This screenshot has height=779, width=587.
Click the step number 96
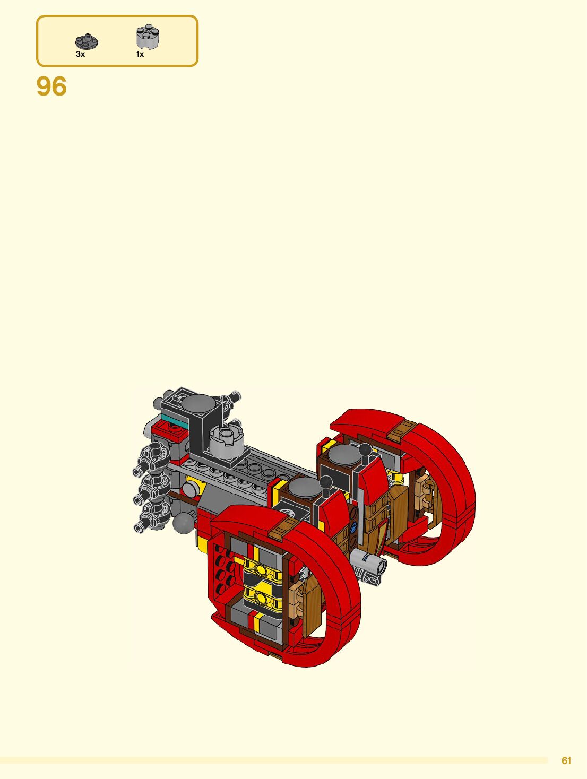tap(51, 86)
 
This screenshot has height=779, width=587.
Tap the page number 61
tap(566, 760)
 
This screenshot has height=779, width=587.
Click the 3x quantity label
tap(81, 54)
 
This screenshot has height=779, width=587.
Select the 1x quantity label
tap(140, 54)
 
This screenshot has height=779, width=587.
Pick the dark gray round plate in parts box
tap(87, 41)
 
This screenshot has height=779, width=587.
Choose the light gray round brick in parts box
tap(148, 37)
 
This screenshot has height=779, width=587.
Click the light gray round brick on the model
tap(226, 442)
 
